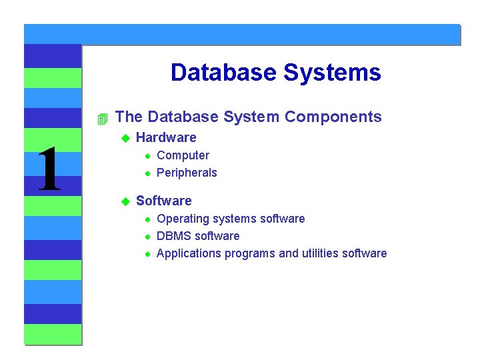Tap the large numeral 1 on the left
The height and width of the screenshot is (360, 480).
click(49, 171)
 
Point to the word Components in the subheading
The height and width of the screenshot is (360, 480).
click(333, 117)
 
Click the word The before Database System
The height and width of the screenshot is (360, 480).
click(129, 117)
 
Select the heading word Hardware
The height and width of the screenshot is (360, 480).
click(166, 138)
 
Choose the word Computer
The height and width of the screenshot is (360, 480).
click(183, 155)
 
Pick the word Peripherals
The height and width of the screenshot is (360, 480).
click(187, 173)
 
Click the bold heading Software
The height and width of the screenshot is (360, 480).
click(163, 201)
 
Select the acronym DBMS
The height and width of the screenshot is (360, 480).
click(174, 236)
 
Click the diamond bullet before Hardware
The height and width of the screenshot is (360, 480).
click(124, 138)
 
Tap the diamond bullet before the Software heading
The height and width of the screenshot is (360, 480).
click(124, 201)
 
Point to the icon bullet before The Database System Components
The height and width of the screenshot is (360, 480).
click(101, 119)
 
